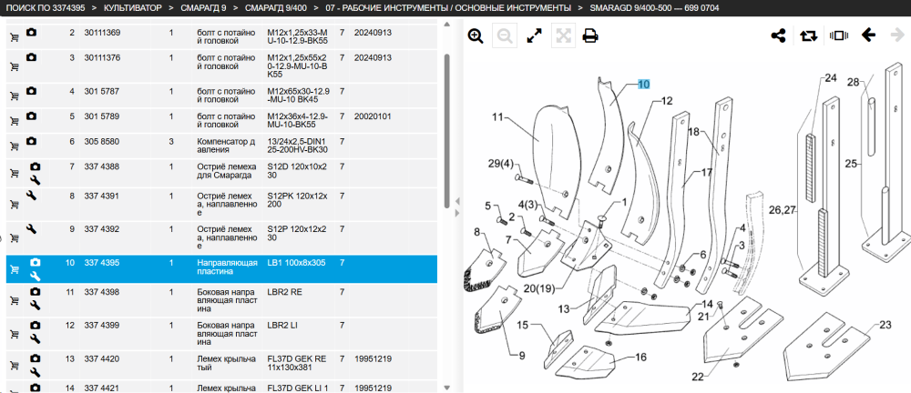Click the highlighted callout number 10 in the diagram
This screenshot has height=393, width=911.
coord(644,85)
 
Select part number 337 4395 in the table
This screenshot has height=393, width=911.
coord(102,263)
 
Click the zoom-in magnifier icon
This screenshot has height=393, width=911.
coord(476,36)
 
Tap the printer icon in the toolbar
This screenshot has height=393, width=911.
coord(590,36)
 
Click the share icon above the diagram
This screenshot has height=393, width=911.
coord(779,36)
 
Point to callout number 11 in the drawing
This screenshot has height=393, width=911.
coord(497,116)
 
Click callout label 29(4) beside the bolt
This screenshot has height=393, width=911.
coord(500,164)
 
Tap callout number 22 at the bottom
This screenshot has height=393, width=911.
coord(697,377)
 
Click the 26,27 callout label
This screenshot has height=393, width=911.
coord(782,210)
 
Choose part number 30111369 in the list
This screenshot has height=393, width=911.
coord(102,33)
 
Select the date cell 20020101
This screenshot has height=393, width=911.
coord(373,116)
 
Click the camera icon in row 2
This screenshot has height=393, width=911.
coord(31,33)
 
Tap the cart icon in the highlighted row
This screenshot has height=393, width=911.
coord(15,269)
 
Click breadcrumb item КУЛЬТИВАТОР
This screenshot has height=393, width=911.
coord(125,8)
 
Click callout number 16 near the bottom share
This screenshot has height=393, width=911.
coord(640,357)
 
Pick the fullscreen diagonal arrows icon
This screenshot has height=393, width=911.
coord(534,36)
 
